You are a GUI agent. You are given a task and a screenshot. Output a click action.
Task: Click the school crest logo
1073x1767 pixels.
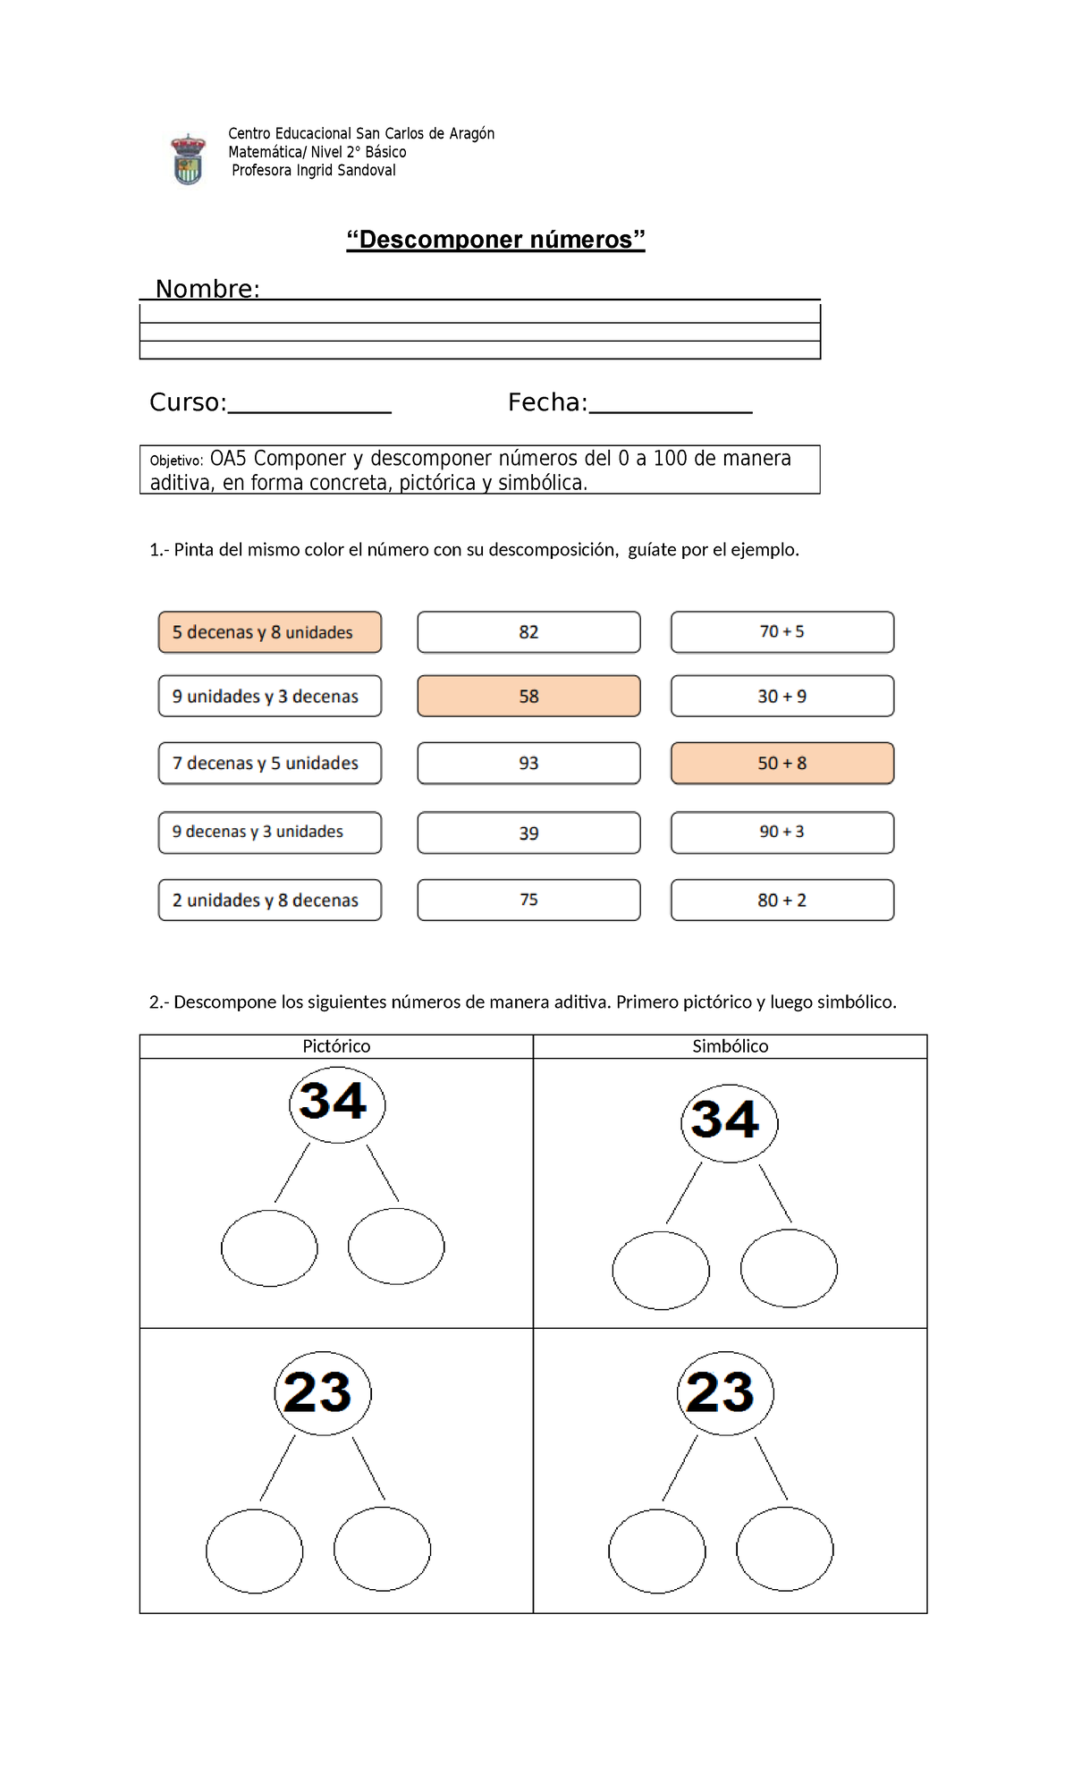pyautogui.click(x=188, y=159)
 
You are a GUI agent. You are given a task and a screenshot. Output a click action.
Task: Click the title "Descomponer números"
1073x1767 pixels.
pyautogui.click(x=495, y=240)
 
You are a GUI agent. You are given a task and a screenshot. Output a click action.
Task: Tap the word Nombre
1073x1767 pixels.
pyautogui.click(x=207, y=288)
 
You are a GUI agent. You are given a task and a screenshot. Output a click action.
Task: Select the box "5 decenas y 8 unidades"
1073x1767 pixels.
pyautogui.click(x=269, y=632)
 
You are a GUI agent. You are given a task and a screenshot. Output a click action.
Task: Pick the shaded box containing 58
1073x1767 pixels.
pyautogui.click(x=528, y=696)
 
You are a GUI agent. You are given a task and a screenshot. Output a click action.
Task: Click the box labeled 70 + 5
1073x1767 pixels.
pyautogui.click(x=782, y=632)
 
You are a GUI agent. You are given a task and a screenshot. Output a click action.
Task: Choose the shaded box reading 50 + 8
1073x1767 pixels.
pyautogui.click(x=782, y=763)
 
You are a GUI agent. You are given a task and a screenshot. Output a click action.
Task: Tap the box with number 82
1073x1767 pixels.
pyautogui.click(x=528, y=632)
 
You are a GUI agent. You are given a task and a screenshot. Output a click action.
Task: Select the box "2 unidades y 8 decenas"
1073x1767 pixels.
pyautogui.click(x=269, y=900)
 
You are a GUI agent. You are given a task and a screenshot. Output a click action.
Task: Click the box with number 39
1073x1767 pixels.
pyautogui.click(x=528, y=833)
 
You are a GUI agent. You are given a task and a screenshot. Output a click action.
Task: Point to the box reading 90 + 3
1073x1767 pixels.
pyautogui.click(x=782, y=832)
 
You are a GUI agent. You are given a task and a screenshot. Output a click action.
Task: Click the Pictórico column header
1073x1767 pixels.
pyautogui.click(x=336, y=1046)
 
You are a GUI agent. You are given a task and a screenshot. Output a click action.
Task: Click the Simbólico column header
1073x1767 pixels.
pyautogui.click(x=730, y=1046)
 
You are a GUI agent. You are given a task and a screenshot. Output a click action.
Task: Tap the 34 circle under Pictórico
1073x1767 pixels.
pyautogui.click(x=336, y=1103)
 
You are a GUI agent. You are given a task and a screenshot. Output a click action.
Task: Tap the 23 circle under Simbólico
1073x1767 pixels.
pyautogui.click(x=724, y=1392)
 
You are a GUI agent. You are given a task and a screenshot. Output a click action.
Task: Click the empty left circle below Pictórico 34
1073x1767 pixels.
pyautogui.click(x=269, y=1248)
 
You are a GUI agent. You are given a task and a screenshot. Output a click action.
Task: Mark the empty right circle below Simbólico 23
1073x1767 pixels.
pyautogui.click(x=784, y=1549)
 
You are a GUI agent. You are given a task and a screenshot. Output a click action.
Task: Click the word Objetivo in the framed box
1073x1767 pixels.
pyautogui.click(x=176, y=461)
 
